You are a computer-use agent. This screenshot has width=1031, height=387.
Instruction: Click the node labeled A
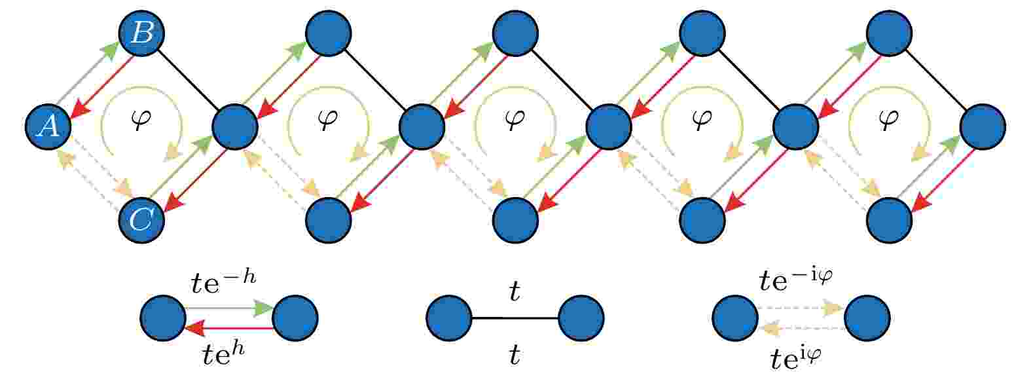(48, 126)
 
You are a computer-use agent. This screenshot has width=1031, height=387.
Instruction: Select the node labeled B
(142, 33)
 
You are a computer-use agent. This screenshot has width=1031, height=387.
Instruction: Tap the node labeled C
(142, 221)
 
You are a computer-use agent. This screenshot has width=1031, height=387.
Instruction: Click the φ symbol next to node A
(141, 120)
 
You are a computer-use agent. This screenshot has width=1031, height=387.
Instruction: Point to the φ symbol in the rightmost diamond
(889, 120)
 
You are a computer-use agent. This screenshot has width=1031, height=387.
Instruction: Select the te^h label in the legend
(224, 354)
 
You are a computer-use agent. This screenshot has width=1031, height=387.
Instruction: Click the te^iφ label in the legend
(796, 358)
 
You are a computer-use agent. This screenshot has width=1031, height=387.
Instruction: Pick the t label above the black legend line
(515, 291)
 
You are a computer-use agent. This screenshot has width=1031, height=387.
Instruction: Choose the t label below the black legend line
(515, 355)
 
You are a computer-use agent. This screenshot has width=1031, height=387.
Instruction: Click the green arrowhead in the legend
(264, 308)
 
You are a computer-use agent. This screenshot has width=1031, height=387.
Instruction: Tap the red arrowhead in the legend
(195, 328)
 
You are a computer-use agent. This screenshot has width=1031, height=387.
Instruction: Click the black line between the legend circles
(515, 318)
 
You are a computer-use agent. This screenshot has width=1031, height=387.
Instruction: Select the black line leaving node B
(188, 80)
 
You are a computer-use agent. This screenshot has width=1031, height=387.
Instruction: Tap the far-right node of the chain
(983, 126)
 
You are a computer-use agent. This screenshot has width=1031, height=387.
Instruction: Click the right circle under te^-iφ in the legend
(867, 318)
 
